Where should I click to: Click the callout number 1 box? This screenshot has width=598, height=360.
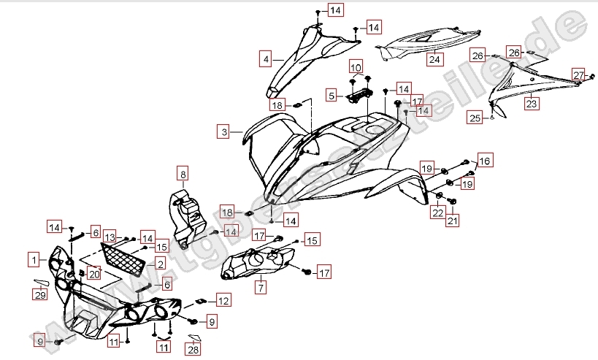34,258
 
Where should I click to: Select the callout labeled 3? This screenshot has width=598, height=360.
225,132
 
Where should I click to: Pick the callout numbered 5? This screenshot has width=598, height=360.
331,96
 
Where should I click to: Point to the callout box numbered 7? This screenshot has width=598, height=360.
261,288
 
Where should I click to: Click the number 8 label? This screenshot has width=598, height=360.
183,174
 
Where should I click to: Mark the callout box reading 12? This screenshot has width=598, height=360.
223,301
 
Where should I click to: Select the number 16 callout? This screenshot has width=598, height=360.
485,161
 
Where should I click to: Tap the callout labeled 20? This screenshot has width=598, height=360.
93,274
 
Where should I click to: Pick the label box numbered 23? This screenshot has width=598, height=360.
532,104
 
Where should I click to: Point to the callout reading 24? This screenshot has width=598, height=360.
434,59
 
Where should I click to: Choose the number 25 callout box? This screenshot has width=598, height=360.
475,118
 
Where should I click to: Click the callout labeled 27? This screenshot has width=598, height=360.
578,75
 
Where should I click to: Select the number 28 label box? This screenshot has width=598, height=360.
193,350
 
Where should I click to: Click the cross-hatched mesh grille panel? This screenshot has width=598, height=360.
122,258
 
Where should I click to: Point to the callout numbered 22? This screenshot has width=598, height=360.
437,212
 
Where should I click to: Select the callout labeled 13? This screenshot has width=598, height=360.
110,238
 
